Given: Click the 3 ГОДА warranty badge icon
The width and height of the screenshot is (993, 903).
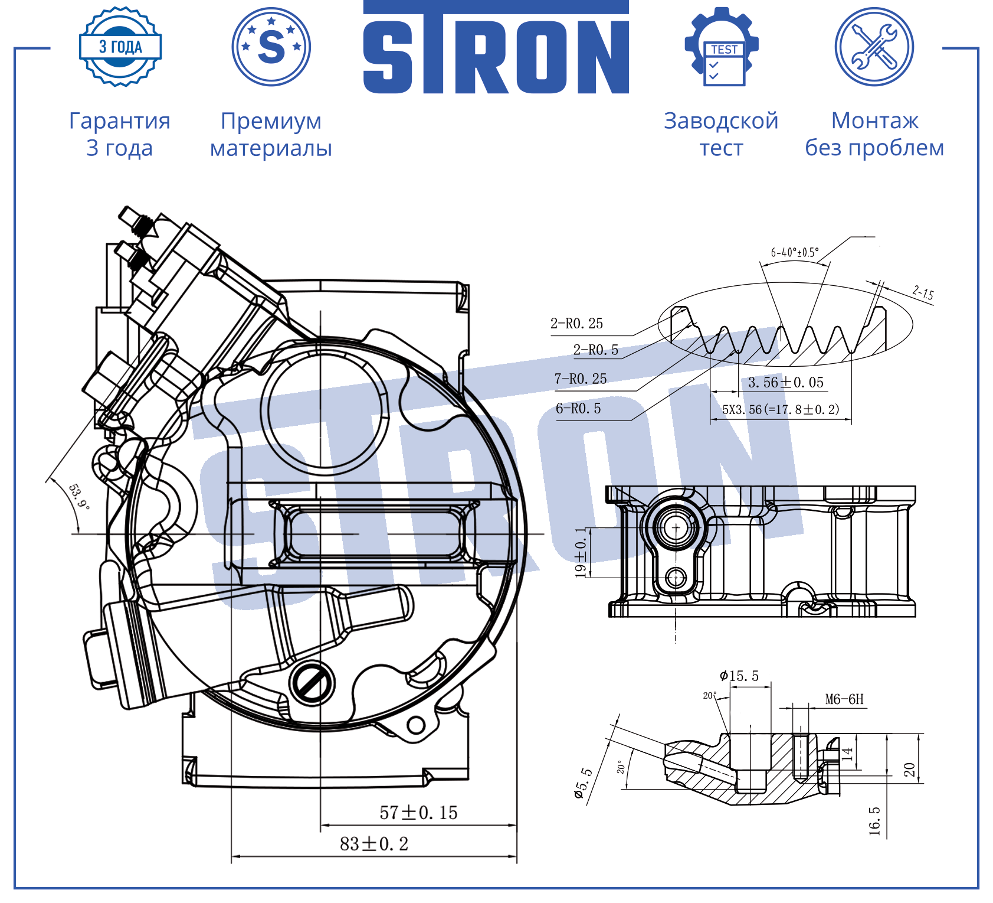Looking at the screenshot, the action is click(120, 47).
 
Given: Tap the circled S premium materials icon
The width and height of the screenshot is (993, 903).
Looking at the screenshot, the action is click(271, 47).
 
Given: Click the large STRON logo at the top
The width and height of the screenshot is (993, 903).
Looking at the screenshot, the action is click(496, 47).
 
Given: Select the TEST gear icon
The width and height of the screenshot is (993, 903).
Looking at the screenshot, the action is click(722, 47).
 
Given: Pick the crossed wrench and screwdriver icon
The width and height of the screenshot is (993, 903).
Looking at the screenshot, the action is click(874, 47).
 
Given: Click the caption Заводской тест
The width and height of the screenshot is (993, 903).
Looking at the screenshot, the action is click(721, 134).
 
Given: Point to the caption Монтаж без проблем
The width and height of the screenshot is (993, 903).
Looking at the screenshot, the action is click(874, 134).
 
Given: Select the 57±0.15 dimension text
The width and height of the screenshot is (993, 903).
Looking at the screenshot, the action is click(418, 813).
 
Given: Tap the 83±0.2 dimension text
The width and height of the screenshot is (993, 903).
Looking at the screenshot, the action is click(374, 844).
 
